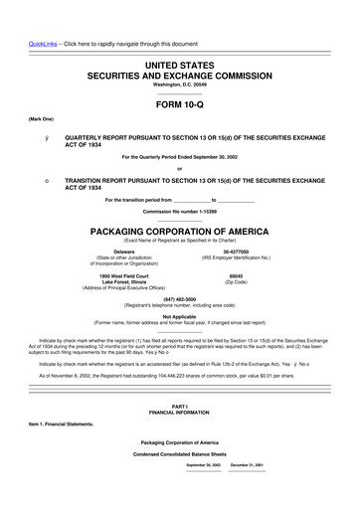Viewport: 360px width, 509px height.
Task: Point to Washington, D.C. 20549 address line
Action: click(x=179, y=85)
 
